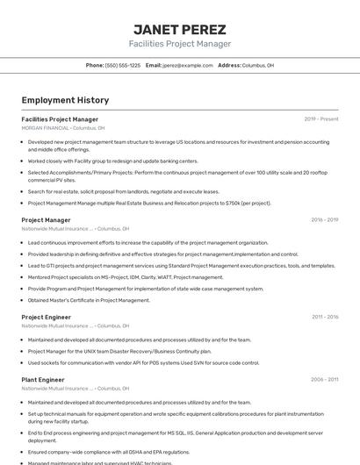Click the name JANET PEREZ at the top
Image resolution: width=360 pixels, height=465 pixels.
(x=179, y=29)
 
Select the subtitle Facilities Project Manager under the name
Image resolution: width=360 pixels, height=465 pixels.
(x=179, y=44)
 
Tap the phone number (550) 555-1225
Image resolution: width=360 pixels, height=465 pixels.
(x=123, y=65)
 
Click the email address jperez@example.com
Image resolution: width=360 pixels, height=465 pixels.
(x=188, y=65)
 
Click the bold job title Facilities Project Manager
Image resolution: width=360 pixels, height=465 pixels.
(x=60, y=119)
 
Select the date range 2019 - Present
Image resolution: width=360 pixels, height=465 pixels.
(x=321, y=119)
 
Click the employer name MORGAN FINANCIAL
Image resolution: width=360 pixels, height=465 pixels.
(x=45, y=127)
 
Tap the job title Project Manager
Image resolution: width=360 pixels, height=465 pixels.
(x=46, y=220)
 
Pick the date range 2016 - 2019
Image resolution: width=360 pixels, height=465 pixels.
(x=324, y=220)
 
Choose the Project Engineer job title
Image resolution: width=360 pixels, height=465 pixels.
(x=47, y=317)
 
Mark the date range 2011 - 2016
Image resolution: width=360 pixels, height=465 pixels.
(x=324, y=317)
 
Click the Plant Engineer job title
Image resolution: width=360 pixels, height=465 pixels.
(x=43, y=380)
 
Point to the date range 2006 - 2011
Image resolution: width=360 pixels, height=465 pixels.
(x=324, y=380)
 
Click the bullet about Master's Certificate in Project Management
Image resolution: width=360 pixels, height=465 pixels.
(x=89, y=300)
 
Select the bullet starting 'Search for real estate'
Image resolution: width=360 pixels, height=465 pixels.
(x=123, y=191)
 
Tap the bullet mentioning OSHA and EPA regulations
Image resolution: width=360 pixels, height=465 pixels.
(x=108, y=452)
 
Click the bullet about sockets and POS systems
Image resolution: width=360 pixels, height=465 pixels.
(x=143, y=362)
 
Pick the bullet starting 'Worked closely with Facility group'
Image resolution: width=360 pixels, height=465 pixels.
(x=112, y=161)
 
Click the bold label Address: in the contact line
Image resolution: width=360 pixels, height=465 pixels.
(x=229, y=65)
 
